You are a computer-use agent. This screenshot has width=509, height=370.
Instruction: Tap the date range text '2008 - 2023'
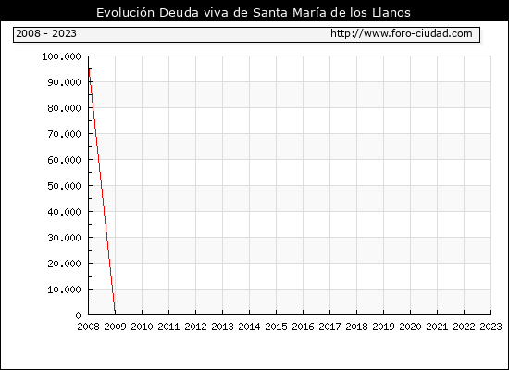(x=46, y=33)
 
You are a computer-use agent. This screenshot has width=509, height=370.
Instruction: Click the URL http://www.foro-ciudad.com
(x=402, y=33)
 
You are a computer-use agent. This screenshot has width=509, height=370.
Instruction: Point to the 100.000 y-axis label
(x=61, y=56)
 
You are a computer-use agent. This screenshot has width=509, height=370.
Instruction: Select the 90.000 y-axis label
(x=64, y=82)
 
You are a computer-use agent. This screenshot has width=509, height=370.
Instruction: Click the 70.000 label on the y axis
(x=64, y=134)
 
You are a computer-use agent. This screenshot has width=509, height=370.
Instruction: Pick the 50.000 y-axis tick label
(x=64, y=186)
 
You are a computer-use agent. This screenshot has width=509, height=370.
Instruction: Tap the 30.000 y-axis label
(x=64, y=238)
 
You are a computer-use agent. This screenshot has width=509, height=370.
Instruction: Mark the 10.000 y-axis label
(x=64, y=290)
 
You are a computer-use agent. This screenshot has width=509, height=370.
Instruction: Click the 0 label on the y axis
(x=78, y=315)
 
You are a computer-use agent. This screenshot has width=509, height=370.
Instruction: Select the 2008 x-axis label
(x=88, y=327)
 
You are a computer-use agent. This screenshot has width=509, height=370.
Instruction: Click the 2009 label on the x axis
(x=116, y=327)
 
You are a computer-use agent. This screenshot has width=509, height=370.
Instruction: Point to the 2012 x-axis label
(x=196, y=327)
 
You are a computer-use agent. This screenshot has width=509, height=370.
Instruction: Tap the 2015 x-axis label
(x=277, y=327)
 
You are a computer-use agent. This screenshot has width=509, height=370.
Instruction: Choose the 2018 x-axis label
(x=356, y=327)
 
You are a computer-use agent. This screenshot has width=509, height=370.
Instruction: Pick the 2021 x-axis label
(x=437, y=327)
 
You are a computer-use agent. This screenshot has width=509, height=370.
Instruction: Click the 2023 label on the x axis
(x=490, y=327)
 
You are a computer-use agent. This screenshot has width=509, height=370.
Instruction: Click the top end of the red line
(x=89, y=68)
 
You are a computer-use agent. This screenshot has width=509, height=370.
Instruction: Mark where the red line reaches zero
(x=115, y=314)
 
